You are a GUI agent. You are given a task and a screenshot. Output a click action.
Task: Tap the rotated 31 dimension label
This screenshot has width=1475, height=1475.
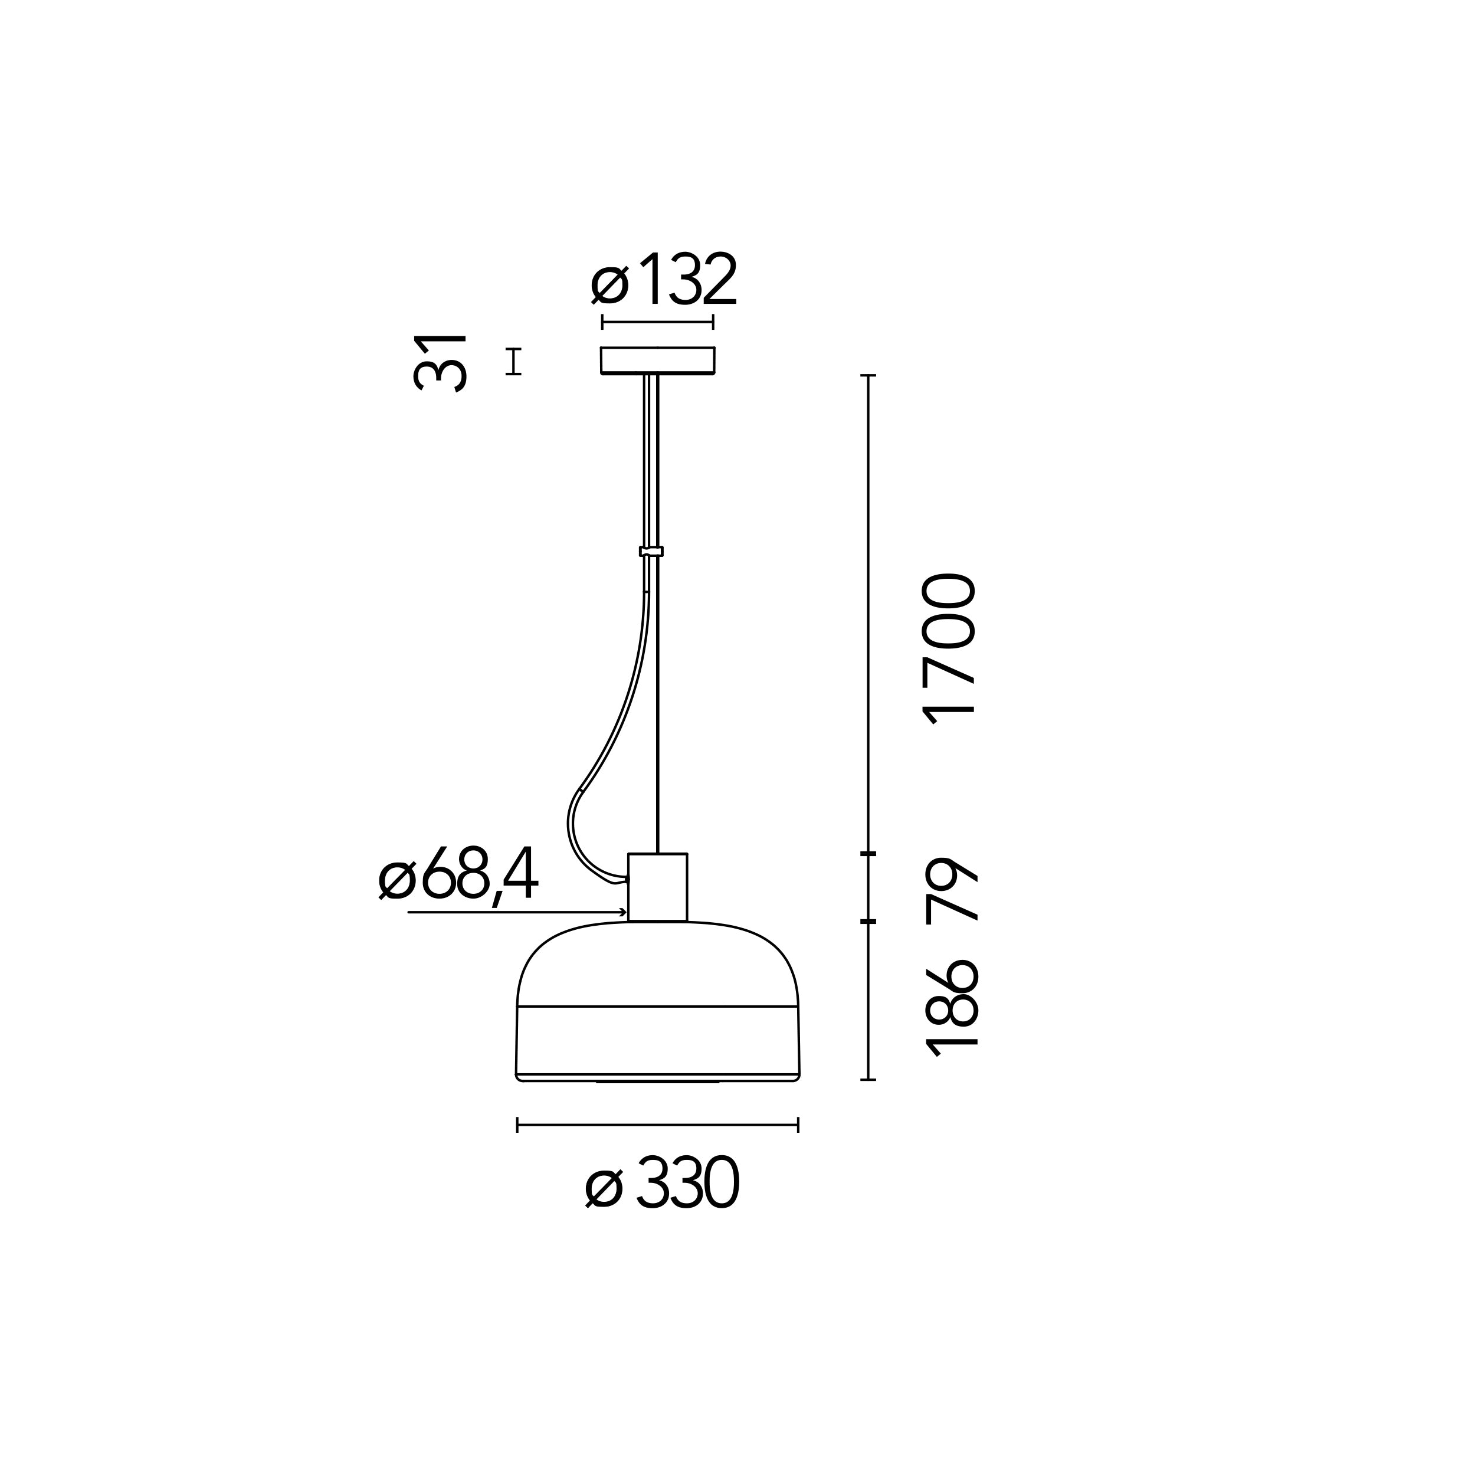pyautogui.click(x=439, y=363)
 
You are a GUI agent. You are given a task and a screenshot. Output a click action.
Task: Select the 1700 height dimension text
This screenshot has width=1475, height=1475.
pyautogui.click(x=949, y=649)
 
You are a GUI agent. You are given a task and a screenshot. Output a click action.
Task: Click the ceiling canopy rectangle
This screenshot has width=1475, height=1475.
pyautogui.click(x=657, y=360)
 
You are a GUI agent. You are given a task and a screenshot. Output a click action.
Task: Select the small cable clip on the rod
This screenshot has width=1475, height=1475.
pyautogui.click(x=651, y=551)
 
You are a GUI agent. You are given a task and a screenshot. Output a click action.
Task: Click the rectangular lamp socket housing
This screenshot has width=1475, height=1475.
pyautogui.click(x=657, y=887)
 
